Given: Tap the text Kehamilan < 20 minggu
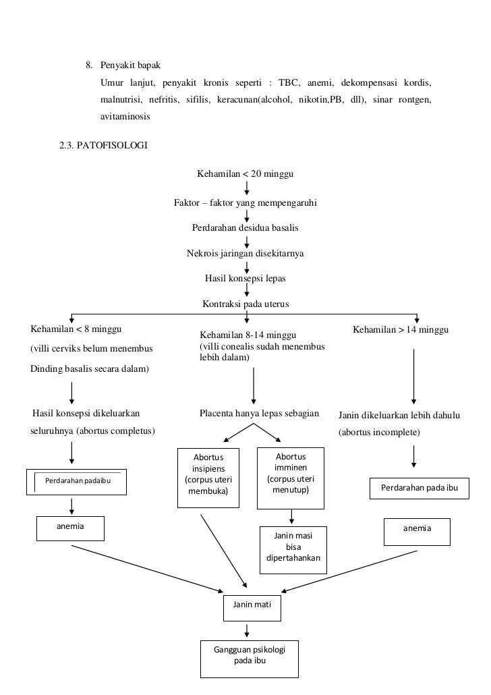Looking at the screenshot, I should pyautogui.click(x=246, y=174).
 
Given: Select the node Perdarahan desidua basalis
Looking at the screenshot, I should pyautogui.click(x=246, y=227).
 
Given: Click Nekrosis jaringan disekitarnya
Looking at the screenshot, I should pyautogui.click(x=245, y=254).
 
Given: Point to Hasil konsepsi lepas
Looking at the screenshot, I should pyautogui.click(x=246, y=278).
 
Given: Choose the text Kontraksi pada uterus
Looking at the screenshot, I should pyautogui.click(x=246, y=304).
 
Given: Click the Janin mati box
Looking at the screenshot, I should pyautogui.click(x=252, y=607).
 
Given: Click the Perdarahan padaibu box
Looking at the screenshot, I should pyautogui.click(x=78, y=481).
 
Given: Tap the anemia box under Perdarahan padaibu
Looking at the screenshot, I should pyautogui.click(x=70, y=528).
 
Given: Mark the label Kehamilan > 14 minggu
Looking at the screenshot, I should pyautogui.click(x=401, y=331).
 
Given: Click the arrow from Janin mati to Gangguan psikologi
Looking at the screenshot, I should pyautogui.click(x=248, y=630).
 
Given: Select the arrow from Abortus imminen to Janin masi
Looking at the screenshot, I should pyautogui.click(x=291, y=517).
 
